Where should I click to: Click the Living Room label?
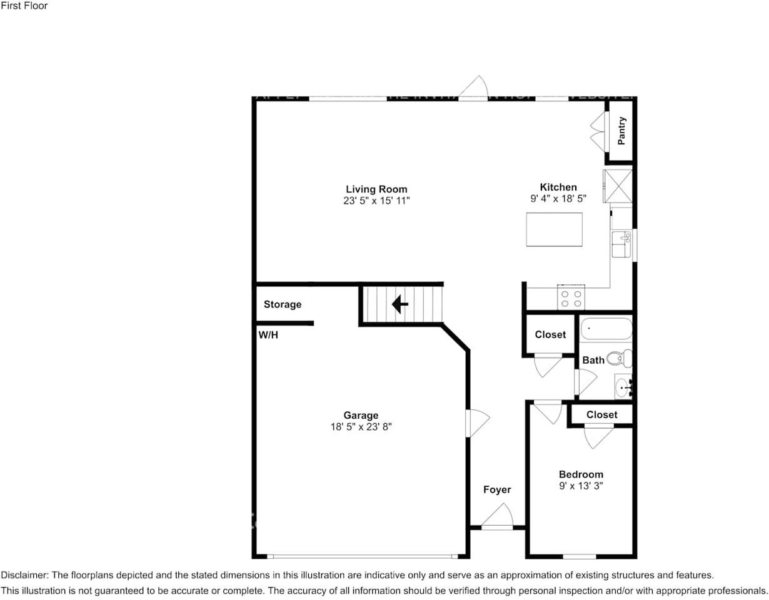coord(376,189)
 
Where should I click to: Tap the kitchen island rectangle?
coord(554,229)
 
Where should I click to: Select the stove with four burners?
coord(571,298)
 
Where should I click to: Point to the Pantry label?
coord(621,131)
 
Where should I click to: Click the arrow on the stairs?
coord(400,304)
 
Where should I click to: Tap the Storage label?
coord(282,304)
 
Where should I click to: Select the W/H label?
coord(268,335)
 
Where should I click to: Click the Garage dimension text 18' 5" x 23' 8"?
coord(361,427)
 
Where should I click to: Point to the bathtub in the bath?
coord(606,329)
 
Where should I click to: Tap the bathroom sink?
coord(623,387)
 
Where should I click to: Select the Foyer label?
coord(497,489)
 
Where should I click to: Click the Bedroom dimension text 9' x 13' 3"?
coord(581,486)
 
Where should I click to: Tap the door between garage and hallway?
coord(476,423)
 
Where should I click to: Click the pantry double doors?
coord(598,131)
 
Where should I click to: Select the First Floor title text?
coord(24,6)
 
